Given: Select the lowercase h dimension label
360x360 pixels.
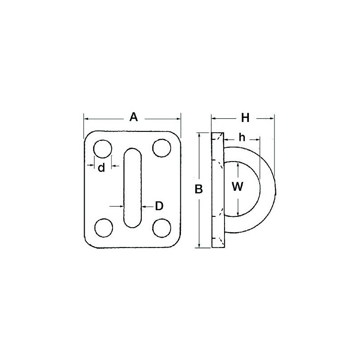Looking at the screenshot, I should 242,138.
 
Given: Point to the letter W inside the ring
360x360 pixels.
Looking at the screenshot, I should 238,186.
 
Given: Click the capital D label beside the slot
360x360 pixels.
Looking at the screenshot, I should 159,206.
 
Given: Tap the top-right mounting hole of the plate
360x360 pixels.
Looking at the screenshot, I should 161,148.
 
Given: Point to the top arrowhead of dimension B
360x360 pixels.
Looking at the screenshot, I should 198,135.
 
